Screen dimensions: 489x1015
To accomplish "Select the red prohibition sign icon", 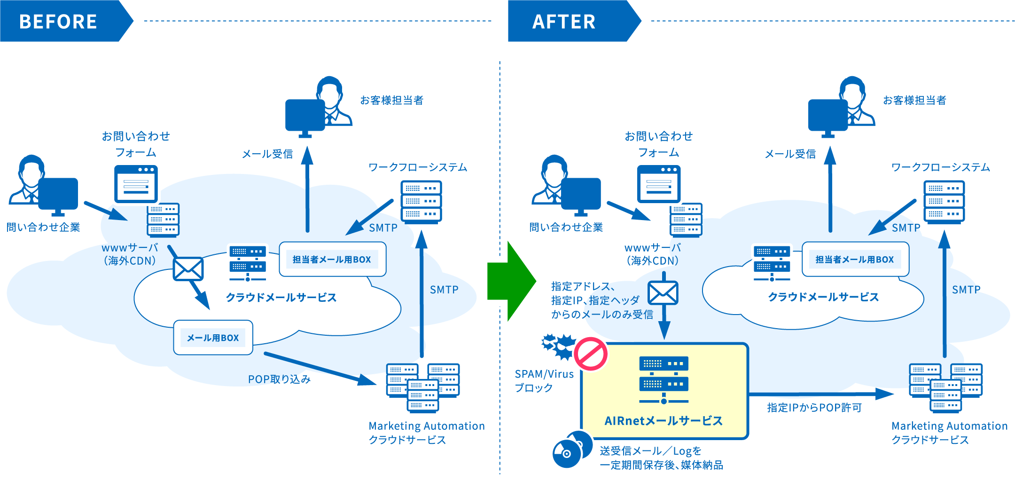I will click(590, 354).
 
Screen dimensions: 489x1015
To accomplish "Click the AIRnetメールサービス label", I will click(664, 421).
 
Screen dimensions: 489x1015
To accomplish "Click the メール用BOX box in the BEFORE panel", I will click(213, 338).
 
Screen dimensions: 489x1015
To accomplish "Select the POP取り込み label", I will click(279, 379).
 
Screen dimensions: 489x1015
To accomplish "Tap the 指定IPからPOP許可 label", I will click(814, 408).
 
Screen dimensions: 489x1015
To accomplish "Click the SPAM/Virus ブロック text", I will click(544, 381).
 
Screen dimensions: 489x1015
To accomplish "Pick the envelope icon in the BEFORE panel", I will click(188, 269).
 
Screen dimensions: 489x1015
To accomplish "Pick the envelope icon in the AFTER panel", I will click(663, 292).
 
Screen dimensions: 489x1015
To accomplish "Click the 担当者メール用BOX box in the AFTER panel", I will click(855, 260).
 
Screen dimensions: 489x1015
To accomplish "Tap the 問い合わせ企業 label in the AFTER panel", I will click(566, 228).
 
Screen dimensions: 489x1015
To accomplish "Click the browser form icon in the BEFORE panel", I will click(136, 184).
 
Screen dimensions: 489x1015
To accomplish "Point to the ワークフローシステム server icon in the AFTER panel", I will click(944, 202).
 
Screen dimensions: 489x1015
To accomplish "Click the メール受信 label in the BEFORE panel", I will click(267, 154).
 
